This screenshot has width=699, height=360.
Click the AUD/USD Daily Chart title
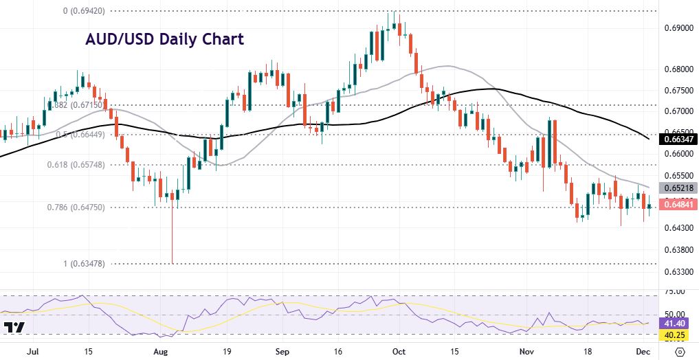(x=164, y=39)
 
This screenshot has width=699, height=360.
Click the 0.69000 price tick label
(x=678, y=28)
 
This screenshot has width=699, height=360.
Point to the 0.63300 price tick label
(x=678, y=272)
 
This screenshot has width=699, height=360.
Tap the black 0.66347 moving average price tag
(x=678, y=139)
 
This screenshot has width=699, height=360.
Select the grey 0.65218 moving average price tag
(x=678, y=188)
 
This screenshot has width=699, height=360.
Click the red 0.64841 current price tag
(x=678, y=204)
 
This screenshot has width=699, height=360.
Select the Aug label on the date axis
(x=160, y=350)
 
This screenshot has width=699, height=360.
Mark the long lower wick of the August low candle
(x=172, y=237)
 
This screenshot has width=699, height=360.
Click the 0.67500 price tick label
(x=678, y=90)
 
